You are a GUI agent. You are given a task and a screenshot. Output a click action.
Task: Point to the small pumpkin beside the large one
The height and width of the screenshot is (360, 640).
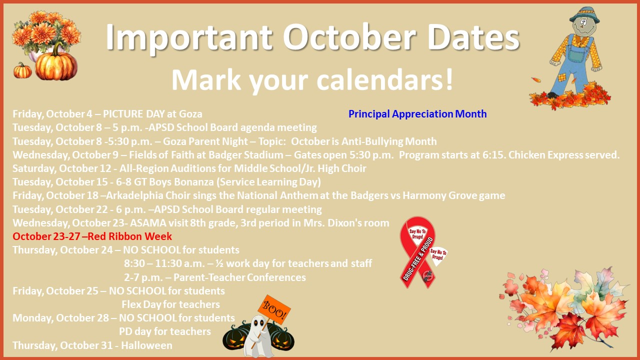click(x=22, y=71)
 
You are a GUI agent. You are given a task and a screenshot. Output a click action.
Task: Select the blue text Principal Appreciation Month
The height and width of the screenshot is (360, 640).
click(x=417, y=114)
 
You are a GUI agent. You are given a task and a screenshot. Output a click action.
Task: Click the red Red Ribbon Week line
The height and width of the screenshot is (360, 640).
click(x=92, y=236)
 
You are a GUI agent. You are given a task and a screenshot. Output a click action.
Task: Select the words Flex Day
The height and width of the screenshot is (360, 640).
click(x=141, y=304)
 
